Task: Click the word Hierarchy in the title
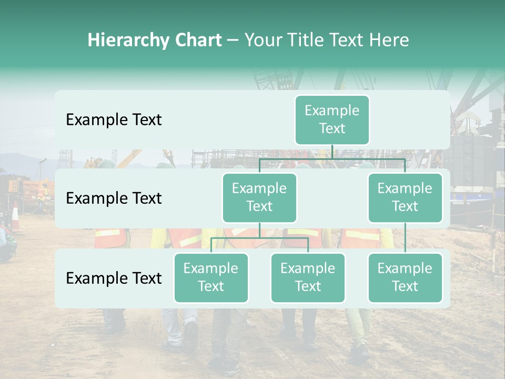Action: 125,40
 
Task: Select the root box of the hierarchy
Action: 332,119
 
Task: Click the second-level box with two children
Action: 259,197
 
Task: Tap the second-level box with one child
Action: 405,197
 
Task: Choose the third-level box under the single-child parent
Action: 405,277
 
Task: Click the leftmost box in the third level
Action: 211,277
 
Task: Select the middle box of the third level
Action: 308,277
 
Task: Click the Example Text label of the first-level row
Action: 114,119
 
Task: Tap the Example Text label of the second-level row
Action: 114,198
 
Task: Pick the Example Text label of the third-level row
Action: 114,278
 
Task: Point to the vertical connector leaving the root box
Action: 332,152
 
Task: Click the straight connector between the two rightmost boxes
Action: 405,238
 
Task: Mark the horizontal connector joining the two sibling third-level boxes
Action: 259,238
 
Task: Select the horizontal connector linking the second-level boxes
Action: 332,158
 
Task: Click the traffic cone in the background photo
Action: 15,217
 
